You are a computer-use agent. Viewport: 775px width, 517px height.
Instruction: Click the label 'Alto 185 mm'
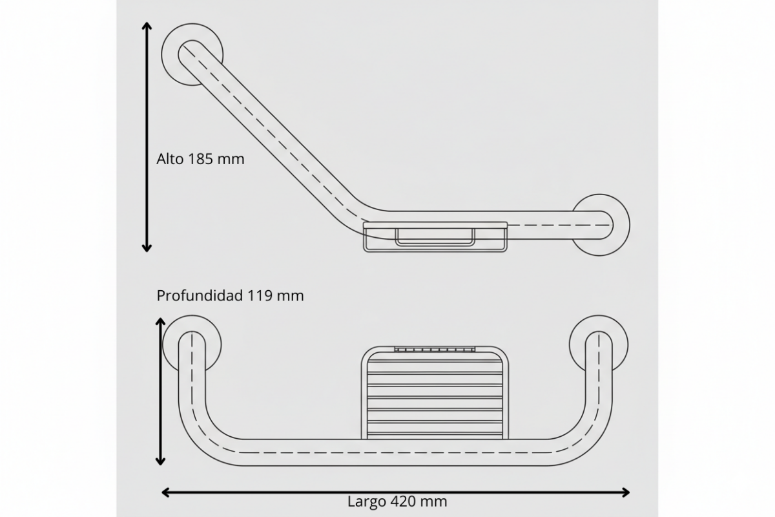[200, 159]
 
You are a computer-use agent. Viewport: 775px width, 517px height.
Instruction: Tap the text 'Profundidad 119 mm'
[230, 295]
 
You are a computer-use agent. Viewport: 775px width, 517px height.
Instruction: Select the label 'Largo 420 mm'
[397, 501]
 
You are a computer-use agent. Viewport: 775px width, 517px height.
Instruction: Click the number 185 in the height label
[201, 159]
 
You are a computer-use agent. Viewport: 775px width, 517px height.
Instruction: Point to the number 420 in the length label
[404, 501]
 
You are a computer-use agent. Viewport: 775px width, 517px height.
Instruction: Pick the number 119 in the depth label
[260, 295]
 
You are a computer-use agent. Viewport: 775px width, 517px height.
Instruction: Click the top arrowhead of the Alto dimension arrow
[147, 26]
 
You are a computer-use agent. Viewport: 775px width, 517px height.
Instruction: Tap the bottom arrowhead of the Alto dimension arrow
[147, 248]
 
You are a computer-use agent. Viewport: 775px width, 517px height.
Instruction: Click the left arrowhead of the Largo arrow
[166, 492]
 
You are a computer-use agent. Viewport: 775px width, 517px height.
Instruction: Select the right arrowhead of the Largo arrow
[625, 492]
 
